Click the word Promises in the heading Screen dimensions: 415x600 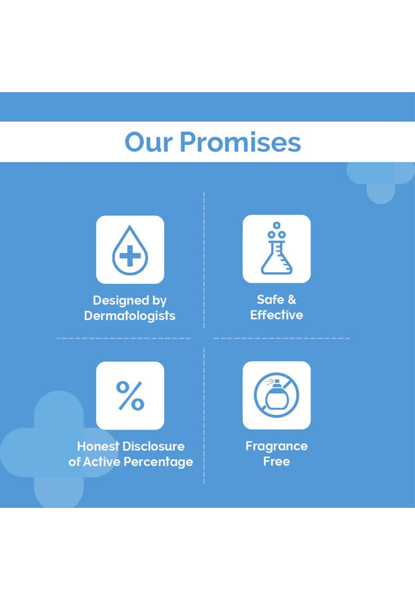tap(240, 142)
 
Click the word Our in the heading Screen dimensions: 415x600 tap(149, 142)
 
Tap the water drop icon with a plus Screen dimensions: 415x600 tap(130, 250)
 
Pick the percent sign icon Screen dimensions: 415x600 tap(130, 396)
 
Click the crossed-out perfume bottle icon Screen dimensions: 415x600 tap(277, 395)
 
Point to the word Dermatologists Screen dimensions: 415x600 tap(129, 316)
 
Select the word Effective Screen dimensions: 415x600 tap(276, 315)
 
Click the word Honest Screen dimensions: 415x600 tap(98, 446)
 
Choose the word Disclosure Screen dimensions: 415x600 tap(154, 446)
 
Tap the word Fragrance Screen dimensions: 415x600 tap(276, 447)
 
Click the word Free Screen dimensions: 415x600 tap(276, 461)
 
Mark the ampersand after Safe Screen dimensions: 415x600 tap(292, 299)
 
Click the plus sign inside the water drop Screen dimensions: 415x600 tap(130, 256)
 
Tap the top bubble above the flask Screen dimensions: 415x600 tap(277, 225)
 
